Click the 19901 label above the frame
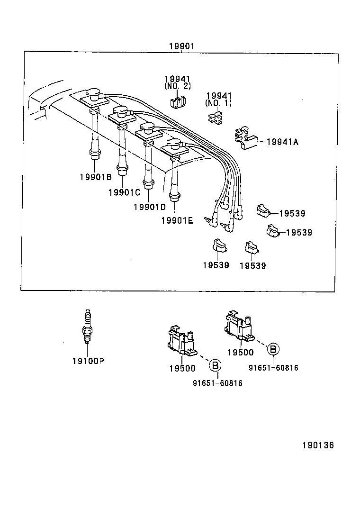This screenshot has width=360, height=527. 181,46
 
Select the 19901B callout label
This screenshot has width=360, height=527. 95,177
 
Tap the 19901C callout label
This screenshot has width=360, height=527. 124,192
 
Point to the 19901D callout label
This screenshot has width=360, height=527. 150,207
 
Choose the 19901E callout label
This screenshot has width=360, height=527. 177,220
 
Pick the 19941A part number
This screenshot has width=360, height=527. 282,141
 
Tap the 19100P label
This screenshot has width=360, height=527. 88,361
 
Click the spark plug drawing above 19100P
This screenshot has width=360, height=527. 87,327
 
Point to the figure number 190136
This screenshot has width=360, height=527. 318,445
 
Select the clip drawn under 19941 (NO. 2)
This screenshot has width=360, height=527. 177,100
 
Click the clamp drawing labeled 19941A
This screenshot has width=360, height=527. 246,138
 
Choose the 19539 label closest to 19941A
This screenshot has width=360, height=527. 292,213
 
